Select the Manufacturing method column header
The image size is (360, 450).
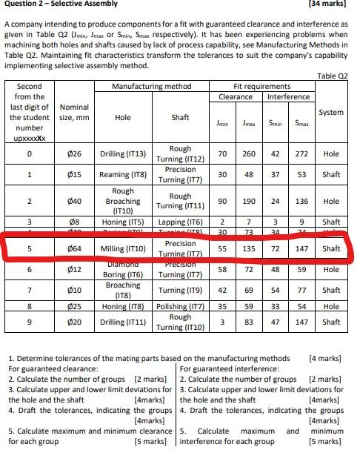[x=151, y=87]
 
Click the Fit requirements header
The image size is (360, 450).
[x=262, y=87]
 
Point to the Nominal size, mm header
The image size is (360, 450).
[x=73, y=112]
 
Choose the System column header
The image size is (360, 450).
[x=332, y=112]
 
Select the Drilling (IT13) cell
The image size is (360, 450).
[x=123, y=154]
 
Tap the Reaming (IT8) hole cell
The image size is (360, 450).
[x=123, y=175]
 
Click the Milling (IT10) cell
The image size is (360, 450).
[x=123, y=248]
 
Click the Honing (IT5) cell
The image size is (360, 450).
[x=123, y=222]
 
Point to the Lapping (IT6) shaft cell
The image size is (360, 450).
[x=181, y=222]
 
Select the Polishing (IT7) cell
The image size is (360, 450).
[x=181, y=306]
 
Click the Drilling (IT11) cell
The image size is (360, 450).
[x=123, y=322]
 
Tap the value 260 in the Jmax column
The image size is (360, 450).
[x=249, y=154]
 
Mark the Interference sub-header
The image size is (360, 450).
[x=288, y=97]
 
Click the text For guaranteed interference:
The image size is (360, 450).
[x=227, y=367]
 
